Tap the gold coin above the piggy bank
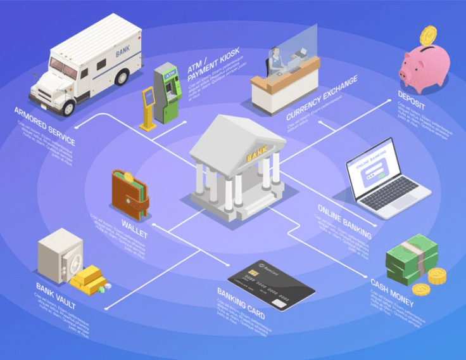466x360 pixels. [429, 34]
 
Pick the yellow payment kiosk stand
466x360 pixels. [148, 108]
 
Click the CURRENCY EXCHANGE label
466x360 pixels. [322, 98]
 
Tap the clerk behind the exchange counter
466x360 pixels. [275, 62]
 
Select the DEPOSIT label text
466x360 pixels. [411, 100]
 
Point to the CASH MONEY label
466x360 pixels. [392, 292]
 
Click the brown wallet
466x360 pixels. [130, 193]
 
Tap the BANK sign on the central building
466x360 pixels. [256, 153]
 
